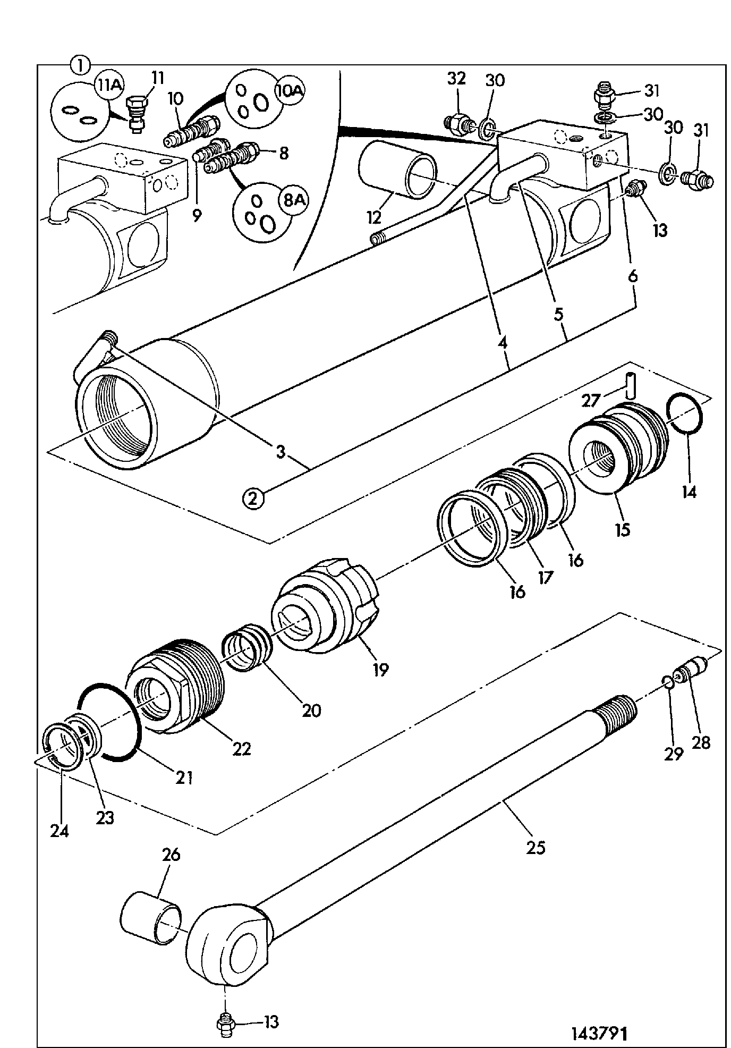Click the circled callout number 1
coord(80,66)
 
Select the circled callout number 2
coord(253,498)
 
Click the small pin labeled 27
coord(630,385)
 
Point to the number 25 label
coord(535,846)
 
